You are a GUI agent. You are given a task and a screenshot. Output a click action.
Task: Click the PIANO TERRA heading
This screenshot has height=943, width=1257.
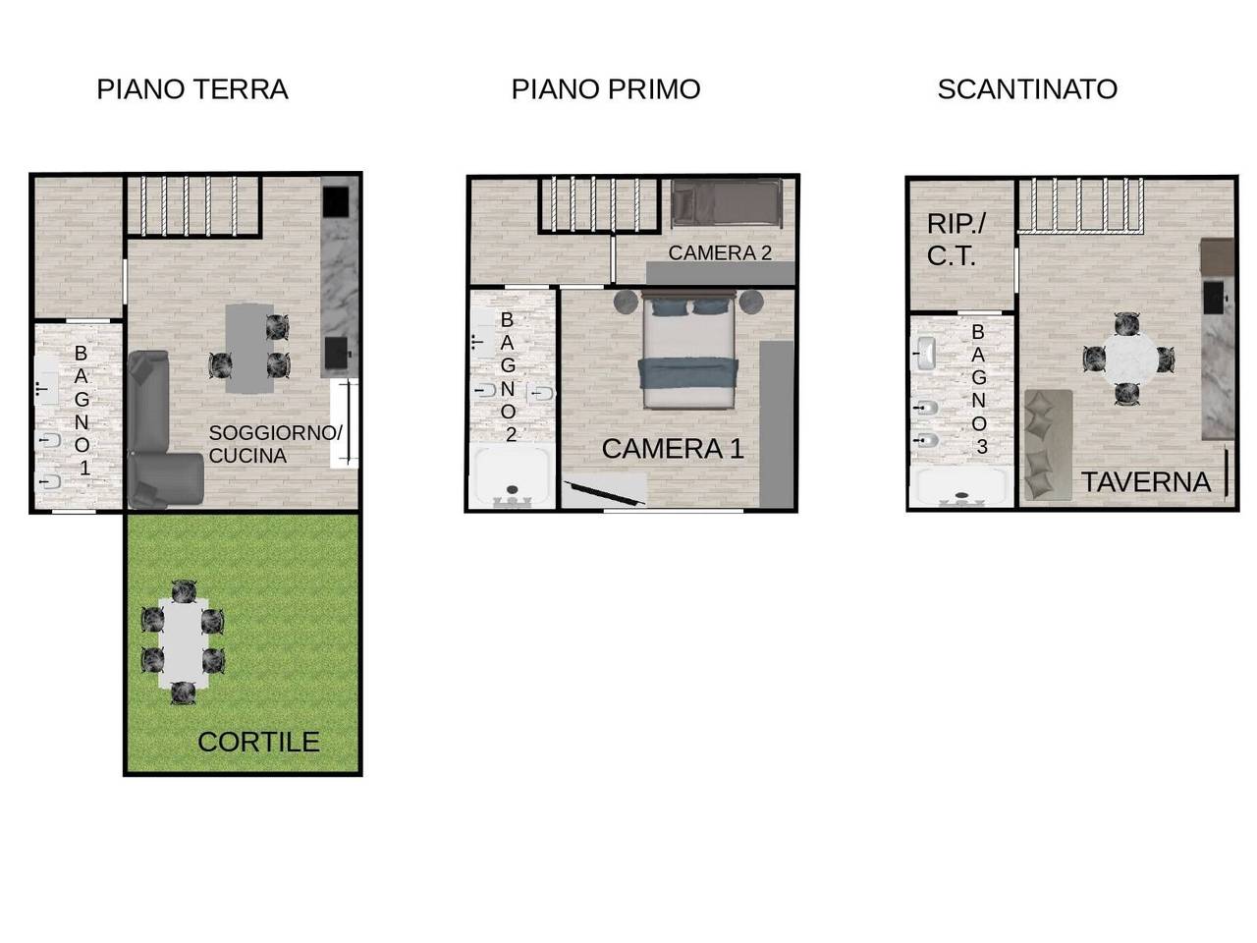tap(191, 89)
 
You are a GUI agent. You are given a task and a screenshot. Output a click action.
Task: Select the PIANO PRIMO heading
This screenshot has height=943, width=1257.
tap(605, 89)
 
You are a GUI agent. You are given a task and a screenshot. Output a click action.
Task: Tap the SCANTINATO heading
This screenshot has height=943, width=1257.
tap(1027, 89)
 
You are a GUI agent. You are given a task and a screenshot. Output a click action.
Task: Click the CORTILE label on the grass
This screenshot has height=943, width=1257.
tap(258, 742)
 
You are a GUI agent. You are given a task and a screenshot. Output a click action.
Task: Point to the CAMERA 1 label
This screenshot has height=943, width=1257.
tap(673, 448)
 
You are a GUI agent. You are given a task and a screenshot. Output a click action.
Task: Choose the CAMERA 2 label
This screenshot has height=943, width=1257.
tap(720, 252)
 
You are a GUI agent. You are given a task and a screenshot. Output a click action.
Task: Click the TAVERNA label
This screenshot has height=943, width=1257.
tap(1145, 482)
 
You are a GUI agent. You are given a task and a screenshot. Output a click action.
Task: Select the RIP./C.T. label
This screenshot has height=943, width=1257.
tap(956, 240)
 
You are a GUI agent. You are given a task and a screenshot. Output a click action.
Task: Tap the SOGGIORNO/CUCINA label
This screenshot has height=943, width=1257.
tap(275, 444)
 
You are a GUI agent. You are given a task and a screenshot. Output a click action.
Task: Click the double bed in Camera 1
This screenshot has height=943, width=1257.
tap(688, 350)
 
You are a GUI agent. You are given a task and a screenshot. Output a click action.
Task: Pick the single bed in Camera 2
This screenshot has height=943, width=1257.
tap(727, 203)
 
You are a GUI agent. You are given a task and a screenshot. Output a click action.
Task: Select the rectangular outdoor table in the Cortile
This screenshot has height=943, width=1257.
tap(184, 643)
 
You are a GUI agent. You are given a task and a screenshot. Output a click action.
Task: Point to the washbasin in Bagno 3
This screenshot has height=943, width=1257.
tap(924, 354)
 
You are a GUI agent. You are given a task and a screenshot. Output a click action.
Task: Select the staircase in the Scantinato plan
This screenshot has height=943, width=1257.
tap(1080, 204)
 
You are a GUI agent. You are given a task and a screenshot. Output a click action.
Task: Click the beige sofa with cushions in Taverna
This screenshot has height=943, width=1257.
tap(1048, 445)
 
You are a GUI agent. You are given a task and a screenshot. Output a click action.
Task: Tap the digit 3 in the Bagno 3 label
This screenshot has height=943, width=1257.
tap(982, 447)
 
